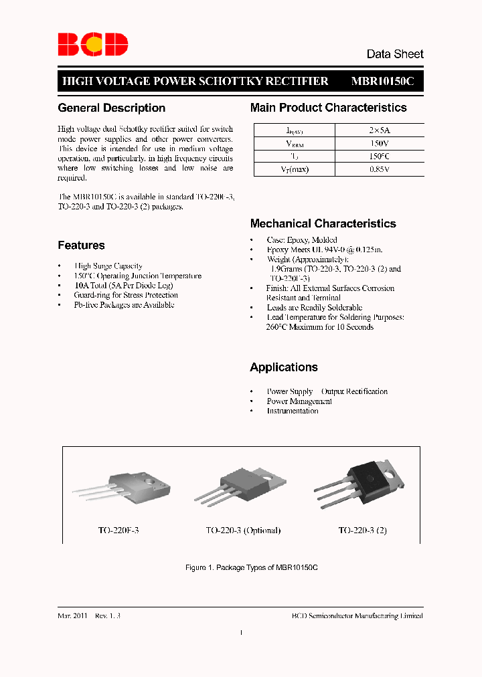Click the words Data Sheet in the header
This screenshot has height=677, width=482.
(394, 54)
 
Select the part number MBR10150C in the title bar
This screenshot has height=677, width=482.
(383, 81)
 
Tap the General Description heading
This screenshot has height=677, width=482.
(111, 108)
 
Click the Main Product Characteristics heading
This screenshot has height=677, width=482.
(328, 108)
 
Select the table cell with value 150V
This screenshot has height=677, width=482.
(379, 144)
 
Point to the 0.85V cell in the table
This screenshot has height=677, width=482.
(379, 169)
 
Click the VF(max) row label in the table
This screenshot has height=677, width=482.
(294, 169)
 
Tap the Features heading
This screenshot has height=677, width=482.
(81, 246)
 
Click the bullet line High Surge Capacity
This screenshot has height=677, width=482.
(108, 266)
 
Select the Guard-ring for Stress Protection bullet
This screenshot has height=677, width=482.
(126, 295)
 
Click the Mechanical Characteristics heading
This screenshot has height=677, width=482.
(323, 224)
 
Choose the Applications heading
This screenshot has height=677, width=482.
(284, 367)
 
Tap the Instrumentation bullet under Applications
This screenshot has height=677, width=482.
(293, 411)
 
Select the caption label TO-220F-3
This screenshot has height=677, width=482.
(118, 530)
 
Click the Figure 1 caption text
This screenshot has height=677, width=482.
(251, 567)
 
